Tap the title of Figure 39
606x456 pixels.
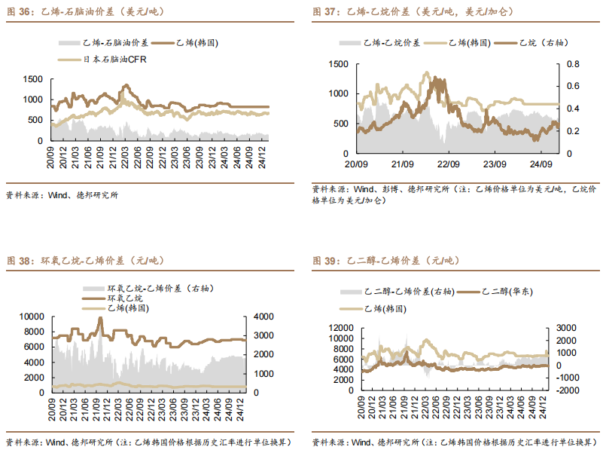click(385, 261)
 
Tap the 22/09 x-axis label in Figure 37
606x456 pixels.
click(449, 164)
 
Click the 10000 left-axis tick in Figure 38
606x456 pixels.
click(31, 317)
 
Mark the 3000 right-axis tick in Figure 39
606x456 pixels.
click(563, 328)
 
